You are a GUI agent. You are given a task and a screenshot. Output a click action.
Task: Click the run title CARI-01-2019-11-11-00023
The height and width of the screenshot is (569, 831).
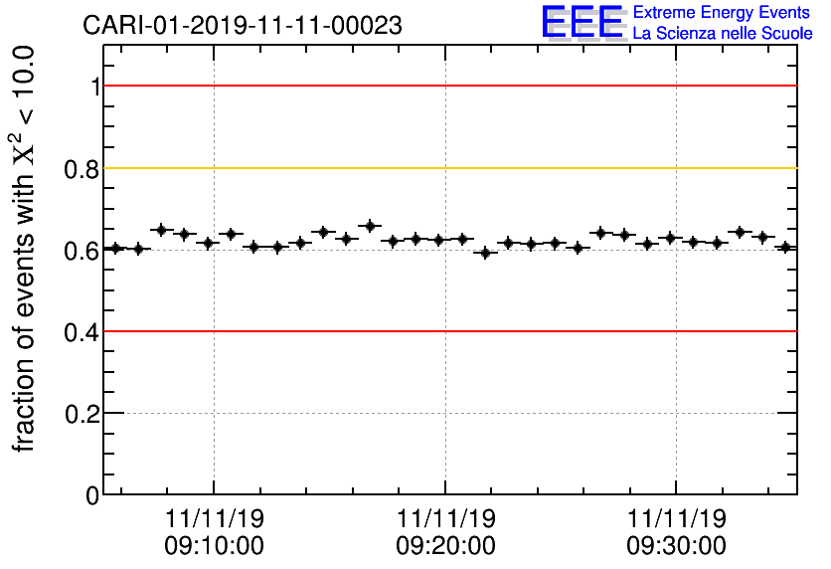click(x=243, y=26)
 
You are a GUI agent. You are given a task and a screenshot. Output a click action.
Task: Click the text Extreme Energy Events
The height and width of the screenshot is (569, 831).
click(x=722, y=12)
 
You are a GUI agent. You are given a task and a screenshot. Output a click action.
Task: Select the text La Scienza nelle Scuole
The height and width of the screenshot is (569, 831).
click(x=722, y=34)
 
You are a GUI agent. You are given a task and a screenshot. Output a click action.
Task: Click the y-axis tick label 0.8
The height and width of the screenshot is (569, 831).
click(x=83, y=168)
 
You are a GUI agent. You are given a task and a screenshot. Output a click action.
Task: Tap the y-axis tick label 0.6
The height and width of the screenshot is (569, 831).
click(x=83, y=250)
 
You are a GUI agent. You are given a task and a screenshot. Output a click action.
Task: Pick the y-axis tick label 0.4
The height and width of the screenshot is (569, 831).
click(x=83, y=331)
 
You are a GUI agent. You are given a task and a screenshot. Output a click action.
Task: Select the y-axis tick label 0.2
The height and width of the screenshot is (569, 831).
click(x=83, y=413)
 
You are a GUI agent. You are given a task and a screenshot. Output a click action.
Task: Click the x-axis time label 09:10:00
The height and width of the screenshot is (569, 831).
click(x=215, y=545)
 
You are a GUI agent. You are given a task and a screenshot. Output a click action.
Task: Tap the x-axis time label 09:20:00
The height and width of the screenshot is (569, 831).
click(x=445, y=545)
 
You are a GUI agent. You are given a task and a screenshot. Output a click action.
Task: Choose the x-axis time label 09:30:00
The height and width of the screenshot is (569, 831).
click(x=676, y=545)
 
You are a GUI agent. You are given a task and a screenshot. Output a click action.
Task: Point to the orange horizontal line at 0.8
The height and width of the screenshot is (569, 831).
click(x=447, y=168)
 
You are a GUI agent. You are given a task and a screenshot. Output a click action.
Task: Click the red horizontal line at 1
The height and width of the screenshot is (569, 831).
click(x=447, y=86)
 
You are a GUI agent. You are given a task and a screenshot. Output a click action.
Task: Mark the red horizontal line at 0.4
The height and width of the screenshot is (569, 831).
click(x=447, y=330)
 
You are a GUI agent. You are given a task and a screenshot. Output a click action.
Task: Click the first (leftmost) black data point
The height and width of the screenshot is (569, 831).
click(x=115, y=248)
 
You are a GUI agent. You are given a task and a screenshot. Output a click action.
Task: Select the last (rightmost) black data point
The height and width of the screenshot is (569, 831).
click(x=785, y=247)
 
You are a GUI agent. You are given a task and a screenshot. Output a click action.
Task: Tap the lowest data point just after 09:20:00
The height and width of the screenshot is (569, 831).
click(x=485, y=253)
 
